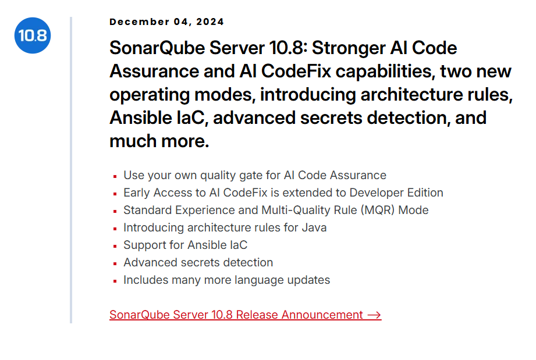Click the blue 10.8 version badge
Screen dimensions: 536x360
point(33,35)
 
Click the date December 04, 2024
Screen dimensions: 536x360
point(166,22)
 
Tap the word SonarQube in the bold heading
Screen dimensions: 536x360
point(157,48)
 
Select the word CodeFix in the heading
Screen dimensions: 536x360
point(296,72)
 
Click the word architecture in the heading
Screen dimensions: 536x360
point(411,95)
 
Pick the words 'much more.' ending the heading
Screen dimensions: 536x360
point(159,141)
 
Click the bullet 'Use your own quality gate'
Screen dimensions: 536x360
point(255,175)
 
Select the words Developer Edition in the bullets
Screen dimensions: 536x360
point(396,193)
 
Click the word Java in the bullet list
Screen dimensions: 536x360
point(314,227)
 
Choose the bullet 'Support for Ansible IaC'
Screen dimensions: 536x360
point(185,245)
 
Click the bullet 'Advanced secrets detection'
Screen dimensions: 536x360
point(198,262)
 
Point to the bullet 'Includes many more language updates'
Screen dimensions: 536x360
point(226,280)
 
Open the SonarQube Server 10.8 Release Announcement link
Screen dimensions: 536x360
point(245,315)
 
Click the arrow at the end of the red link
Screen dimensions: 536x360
point(374,315)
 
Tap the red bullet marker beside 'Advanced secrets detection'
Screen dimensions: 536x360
point(115,263)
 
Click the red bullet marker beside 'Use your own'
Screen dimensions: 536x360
point(115,176)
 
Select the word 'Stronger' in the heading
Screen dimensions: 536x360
point(349,48)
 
